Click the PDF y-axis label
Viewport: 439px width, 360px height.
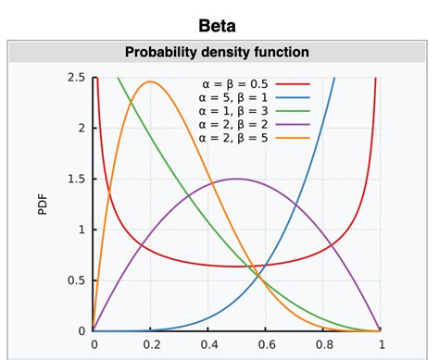[x=42, y=204]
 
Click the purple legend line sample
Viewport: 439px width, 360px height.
[x=291, y=125]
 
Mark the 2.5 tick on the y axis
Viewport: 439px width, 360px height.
[x=76, y=77]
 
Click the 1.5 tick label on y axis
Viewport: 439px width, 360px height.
[x=76, y=179]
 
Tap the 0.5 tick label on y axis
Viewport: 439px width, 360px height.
[x=76, y=280]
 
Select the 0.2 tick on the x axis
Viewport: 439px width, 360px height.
[x=151, y=344]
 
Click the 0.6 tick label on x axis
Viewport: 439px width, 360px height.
[x=266, y=344]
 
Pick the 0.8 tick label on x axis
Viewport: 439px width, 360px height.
[x=323, y=344]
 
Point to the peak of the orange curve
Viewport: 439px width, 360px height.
[x=151, y=82]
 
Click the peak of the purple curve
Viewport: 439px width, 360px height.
[x=237, y=179]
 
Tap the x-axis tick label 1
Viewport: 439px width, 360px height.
[x=381, y=344]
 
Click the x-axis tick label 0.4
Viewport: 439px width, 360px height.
[x=208, y=344]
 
